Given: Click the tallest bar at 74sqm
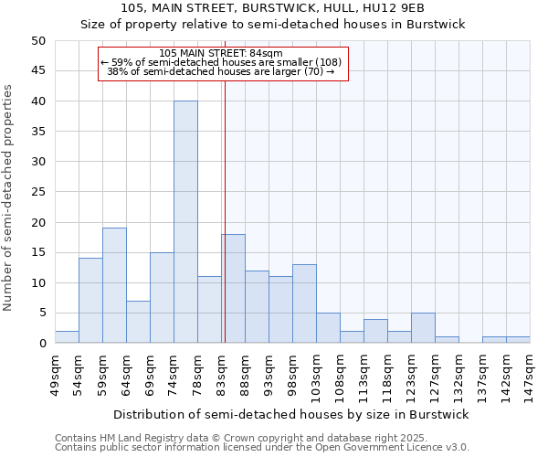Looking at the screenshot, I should pyautogui.click(x=185, y=222).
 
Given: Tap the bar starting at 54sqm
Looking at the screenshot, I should pyautogui.click(x=90, y=301).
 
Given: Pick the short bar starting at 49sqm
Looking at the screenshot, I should pyautogui.click(x=67, y=337).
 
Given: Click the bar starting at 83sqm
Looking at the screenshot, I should pyautogui.click(x=233, y=289).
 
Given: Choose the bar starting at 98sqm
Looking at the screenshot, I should pyautogui.click(x=304, y=303).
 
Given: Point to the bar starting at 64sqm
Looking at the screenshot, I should pyautogui.click(x=138, y=322).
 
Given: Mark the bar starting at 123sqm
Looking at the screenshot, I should pyautogui.click(x=423, y=328).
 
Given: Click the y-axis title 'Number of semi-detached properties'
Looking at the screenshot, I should pyautogui.click(x=9, y=197).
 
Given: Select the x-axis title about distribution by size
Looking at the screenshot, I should pyautogui.click(x=292, y=415).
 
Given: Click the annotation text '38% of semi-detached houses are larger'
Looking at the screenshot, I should pyautogui.click(x=221, y=71).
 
